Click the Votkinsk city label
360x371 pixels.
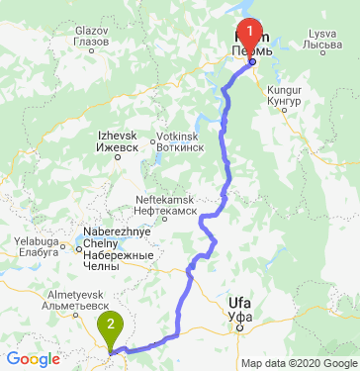178,137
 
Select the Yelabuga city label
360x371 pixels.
38,239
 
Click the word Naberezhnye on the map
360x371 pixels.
97,233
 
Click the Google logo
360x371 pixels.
33,358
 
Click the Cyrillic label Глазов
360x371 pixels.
92,42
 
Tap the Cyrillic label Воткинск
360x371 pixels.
179,147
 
